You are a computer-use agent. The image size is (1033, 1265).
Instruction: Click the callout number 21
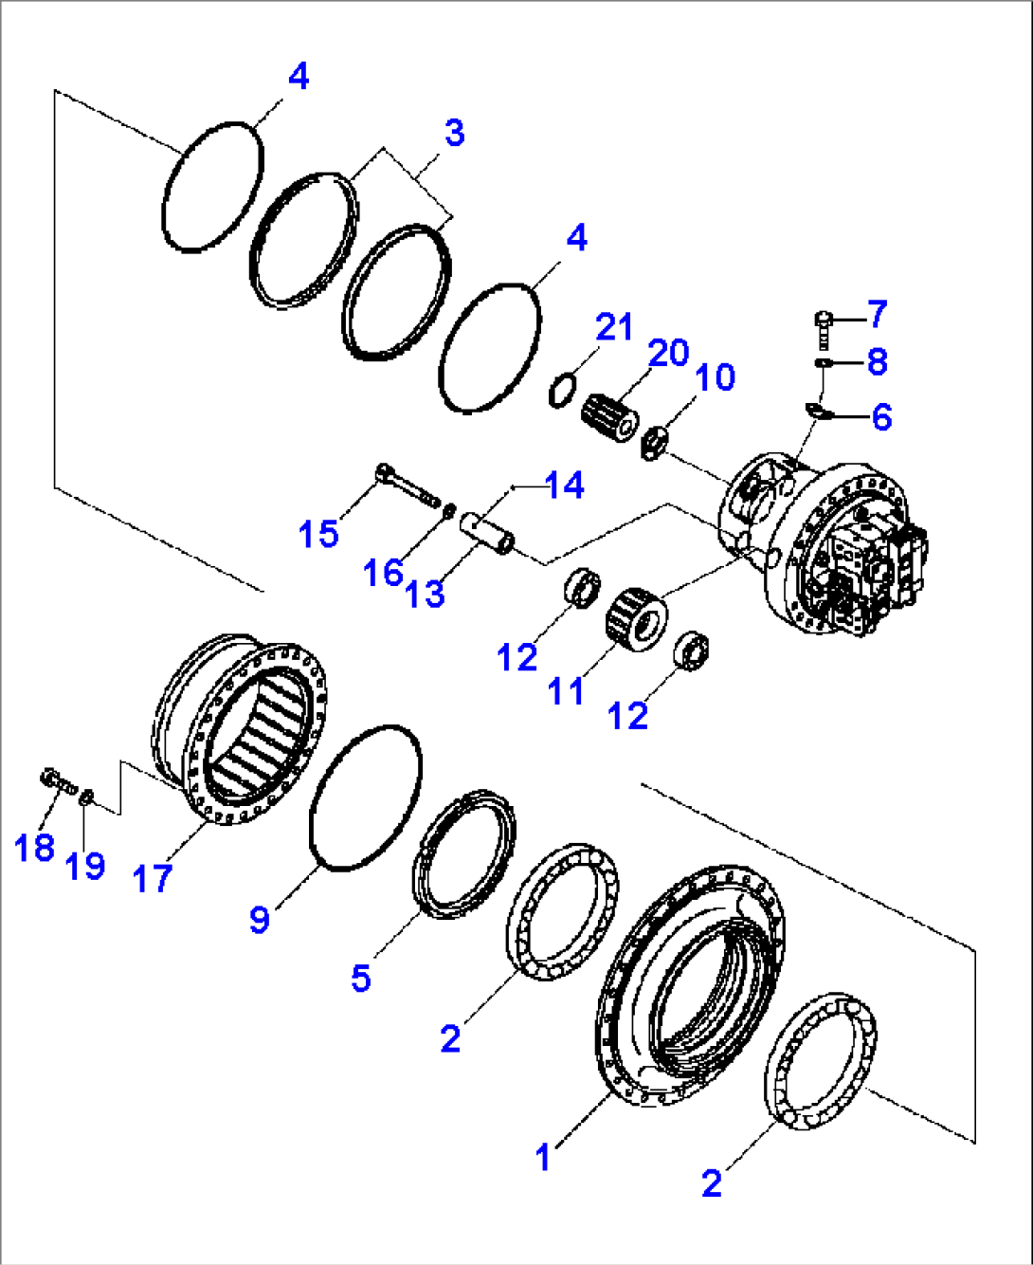coord(614,327)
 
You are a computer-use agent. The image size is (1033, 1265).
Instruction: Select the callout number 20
coord(668,353)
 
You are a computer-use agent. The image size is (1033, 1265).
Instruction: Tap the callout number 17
coord(152,878)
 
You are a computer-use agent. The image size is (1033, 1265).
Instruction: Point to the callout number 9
coord(260,918)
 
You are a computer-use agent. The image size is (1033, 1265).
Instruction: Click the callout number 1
coord(543,1157)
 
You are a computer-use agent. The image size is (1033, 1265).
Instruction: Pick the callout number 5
coord(361,978)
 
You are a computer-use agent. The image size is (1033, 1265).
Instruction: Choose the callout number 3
coord(454,133)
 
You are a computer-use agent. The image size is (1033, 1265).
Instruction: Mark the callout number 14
coord(565,486)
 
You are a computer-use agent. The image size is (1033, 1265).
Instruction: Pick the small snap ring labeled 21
coord(562,390)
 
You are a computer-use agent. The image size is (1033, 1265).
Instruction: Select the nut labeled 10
coord(654,444)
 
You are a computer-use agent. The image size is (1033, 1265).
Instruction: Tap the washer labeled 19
coord(86,797)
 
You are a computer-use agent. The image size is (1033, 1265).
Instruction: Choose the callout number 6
coord(881,416)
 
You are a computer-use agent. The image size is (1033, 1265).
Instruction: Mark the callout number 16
coord(383,572)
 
